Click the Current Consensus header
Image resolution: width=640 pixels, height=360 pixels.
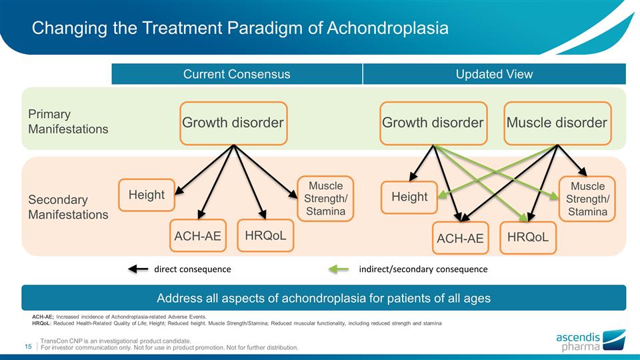coord(237,74)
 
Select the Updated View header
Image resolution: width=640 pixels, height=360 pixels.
coord(494,74)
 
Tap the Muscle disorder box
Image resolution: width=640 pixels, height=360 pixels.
coord(557,123)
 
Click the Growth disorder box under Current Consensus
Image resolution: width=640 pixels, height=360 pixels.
coord(233,123)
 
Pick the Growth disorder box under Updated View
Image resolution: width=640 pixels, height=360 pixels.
coord(433,123)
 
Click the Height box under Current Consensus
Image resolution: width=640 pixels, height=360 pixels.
coord(147,195)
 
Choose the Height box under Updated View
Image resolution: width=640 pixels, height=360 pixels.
coord(409,197)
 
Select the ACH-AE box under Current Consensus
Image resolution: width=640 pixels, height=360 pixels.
coord(198,236)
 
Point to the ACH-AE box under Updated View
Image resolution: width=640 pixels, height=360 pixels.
coord(460,238)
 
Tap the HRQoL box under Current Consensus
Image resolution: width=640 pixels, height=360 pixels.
coord(266,235)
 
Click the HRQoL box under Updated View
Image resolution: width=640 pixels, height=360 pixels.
coord(528,237)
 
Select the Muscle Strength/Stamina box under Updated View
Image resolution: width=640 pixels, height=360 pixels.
coord(587,199)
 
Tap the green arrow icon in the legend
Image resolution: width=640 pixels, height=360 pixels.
coord(339,269)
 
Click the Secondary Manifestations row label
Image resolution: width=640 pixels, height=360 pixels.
coord(68,207)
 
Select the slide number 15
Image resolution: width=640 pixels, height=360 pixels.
coord(29,346)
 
